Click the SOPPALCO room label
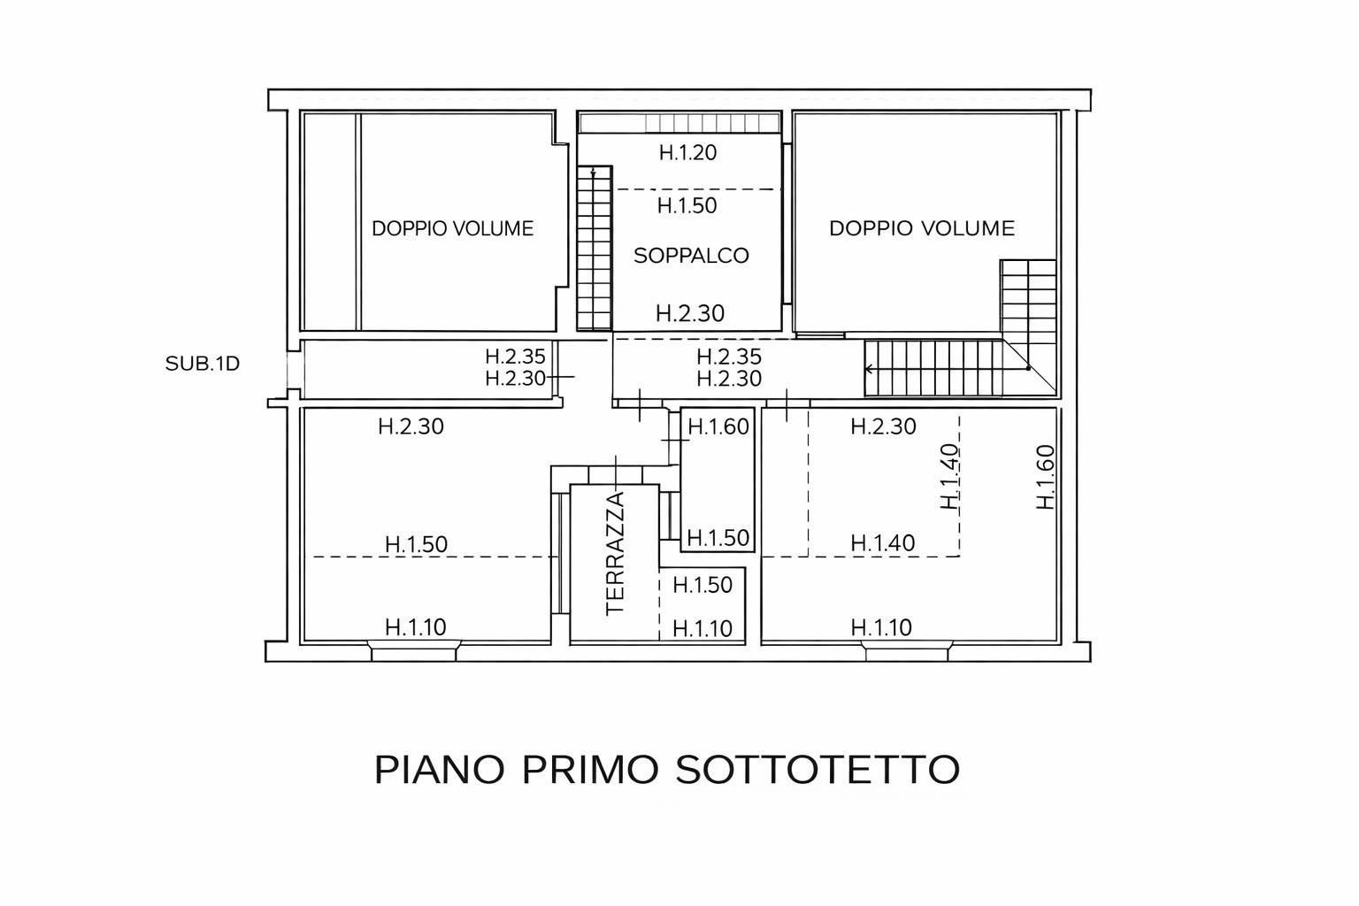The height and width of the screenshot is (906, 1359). [691, 256]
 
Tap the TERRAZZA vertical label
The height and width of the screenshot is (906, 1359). [615, 554]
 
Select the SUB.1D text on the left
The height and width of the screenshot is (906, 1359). [202, 364]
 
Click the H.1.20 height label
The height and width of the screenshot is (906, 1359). [688, 152]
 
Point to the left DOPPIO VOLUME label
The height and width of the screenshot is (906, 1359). [453, 228]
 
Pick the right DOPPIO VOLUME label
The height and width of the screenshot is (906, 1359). [922, 228]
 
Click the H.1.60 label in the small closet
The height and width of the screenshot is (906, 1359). [718, 426]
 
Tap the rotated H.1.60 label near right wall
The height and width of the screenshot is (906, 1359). [1046, 477]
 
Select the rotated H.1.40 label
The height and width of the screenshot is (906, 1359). [949, 477]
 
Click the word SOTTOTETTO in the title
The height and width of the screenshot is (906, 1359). [818, 770]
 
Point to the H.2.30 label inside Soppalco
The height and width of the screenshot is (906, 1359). [690, 313]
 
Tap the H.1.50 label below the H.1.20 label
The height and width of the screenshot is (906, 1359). [687, 206]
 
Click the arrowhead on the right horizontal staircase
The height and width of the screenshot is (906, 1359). [869, 369]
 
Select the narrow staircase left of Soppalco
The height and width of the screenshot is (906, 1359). [594, 249]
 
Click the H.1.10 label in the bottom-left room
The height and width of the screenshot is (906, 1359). [416, 627]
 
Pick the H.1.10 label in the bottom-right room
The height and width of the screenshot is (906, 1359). [881, 627]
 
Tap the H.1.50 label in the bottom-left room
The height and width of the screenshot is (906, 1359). [416, 544]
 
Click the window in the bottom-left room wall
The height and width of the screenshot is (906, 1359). [415, 651]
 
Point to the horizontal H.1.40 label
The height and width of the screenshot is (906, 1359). [883, 543]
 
